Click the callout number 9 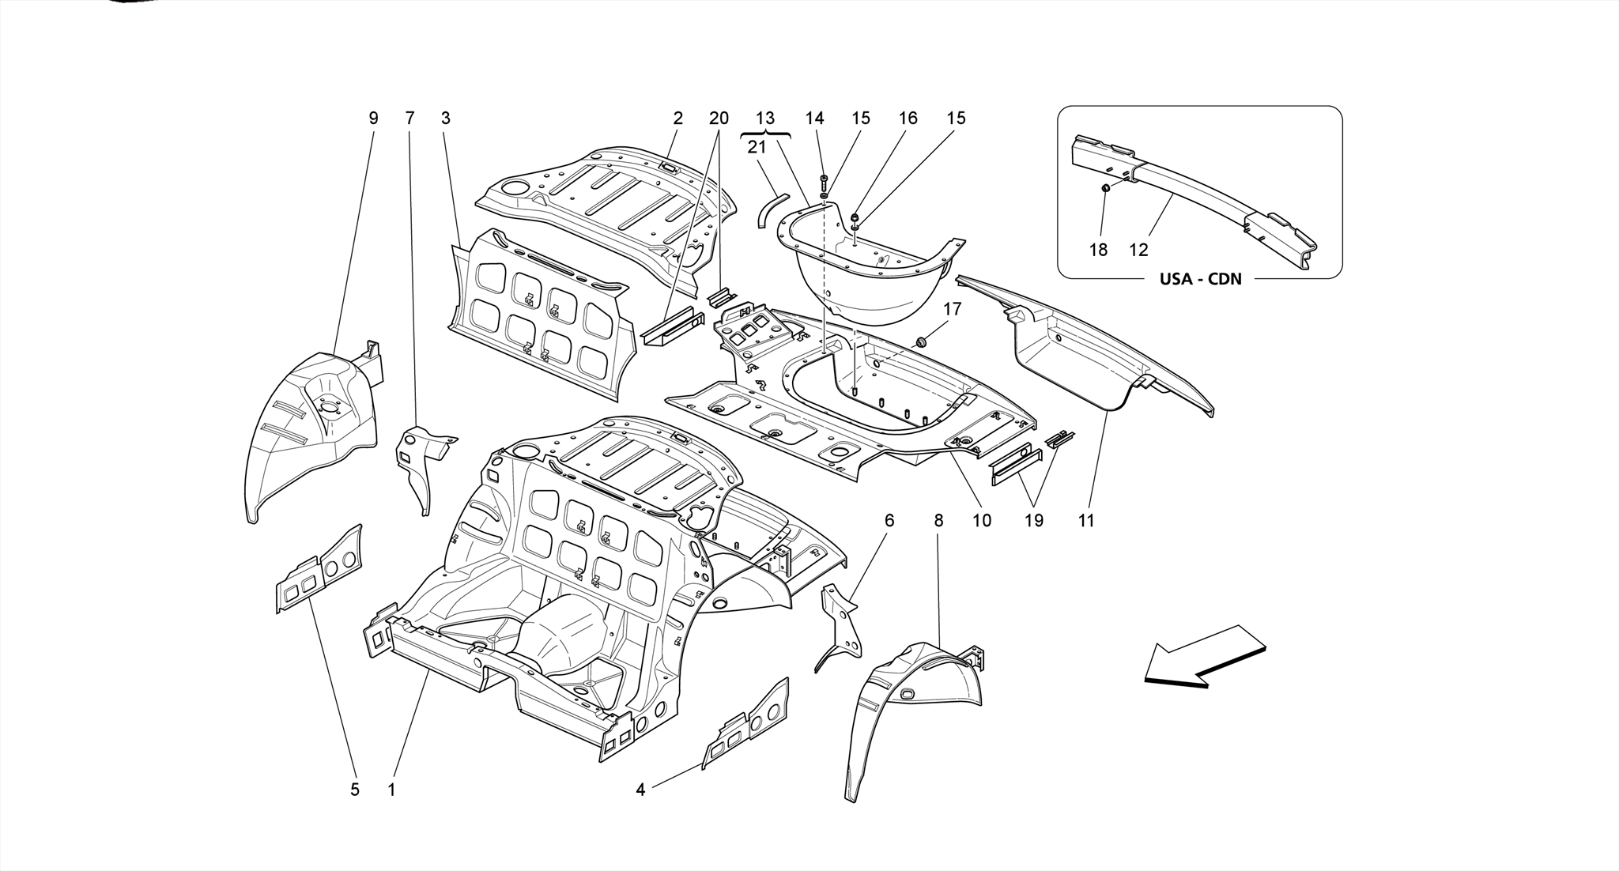[x=373, y=119]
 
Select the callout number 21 [x=757, y=147]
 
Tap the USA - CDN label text [x=1200, y=279]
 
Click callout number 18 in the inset [x=1098, y=250]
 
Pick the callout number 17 [x=952, y=309]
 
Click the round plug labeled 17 [x=921, y=341]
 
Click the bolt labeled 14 [x=824, y=181]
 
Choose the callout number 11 [x=1086, y=521]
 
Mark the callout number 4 [x=640, y=789]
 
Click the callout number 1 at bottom [x=391, y=789]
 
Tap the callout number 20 [x=718, y=119]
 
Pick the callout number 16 [x=908, y=119]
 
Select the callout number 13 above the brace [x=764, y=119]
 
